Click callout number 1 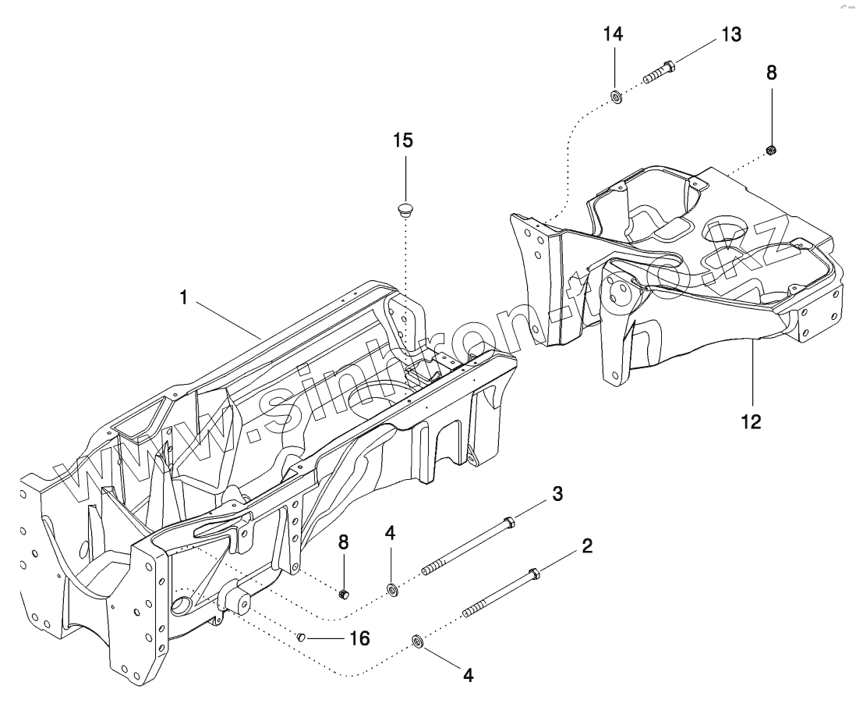(x=183, y=298)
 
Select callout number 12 (x=752, y=421)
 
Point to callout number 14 (x=614, y=34)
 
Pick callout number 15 (x=403, y=140)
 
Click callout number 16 (x=359, y=639)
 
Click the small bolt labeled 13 (x=659, y=73)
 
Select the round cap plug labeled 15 (x=404, y=210)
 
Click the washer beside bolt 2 (x=417, y=642)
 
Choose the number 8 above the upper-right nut (x=771, y=73)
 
